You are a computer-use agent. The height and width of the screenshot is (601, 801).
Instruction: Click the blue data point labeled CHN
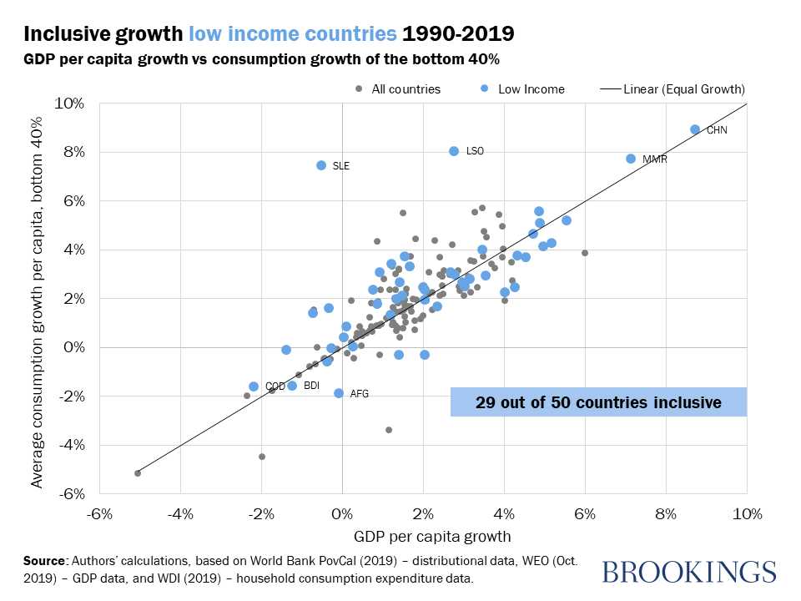695,129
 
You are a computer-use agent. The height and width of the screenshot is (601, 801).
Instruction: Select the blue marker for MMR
631,159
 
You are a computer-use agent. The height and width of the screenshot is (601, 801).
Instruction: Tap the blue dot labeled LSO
454,151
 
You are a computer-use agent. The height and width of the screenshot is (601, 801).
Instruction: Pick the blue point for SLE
321,165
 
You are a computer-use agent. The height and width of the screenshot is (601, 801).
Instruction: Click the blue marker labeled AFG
339,393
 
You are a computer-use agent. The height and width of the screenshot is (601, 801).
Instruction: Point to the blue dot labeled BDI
292,386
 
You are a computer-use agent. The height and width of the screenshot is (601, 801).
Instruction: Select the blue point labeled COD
254,386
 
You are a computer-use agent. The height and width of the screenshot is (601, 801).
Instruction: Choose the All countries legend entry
401,88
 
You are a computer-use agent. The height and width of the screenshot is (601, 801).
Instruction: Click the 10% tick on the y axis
69,104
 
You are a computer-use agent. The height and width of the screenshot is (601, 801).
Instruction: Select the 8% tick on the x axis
665,513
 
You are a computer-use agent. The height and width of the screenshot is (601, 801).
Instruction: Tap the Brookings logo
688,572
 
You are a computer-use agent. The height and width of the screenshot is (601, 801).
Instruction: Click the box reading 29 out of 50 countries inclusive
598,402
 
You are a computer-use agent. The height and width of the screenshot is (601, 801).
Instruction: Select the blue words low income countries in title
292,34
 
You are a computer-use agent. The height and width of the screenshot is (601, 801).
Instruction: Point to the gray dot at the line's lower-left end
138,473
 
